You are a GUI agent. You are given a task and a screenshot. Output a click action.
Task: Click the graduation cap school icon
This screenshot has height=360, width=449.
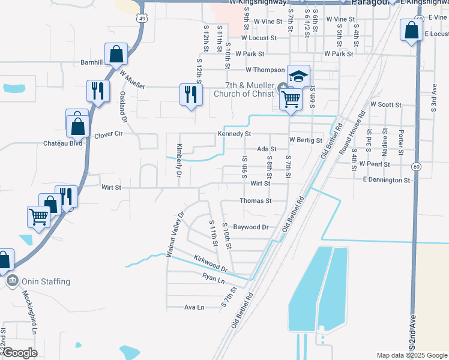[298, 76]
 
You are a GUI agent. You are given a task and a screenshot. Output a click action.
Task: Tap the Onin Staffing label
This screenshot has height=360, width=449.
[46, 281]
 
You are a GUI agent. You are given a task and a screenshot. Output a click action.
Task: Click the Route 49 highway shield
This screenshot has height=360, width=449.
[141, 19]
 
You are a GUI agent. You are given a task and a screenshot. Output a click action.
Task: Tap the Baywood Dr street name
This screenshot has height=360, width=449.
[250, 227]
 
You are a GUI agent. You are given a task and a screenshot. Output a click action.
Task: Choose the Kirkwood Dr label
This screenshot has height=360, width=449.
[210, 263]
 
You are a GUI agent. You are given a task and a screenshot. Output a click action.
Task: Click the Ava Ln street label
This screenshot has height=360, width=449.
[194, 307]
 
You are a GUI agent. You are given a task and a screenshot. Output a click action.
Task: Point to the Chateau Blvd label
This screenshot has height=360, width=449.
[62, 143]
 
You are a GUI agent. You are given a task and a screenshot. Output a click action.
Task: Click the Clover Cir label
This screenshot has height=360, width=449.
[109, 135]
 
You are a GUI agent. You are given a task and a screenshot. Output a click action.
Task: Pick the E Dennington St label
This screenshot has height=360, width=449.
[386, 179]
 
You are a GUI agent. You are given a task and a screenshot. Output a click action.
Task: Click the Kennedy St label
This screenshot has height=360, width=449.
[234, 134]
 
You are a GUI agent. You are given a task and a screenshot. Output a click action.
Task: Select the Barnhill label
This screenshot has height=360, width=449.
[92, 62]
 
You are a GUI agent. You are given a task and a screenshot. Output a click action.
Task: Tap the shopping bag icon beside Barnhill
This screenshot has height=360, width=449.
[116, 55]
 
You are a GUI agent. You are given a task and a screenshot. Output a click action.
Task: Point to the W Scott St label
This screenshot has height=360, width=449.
[386, 104]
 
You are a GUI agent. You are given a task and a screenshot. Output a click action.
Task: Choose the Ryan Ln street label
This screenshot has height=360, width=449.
[213, 278]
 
